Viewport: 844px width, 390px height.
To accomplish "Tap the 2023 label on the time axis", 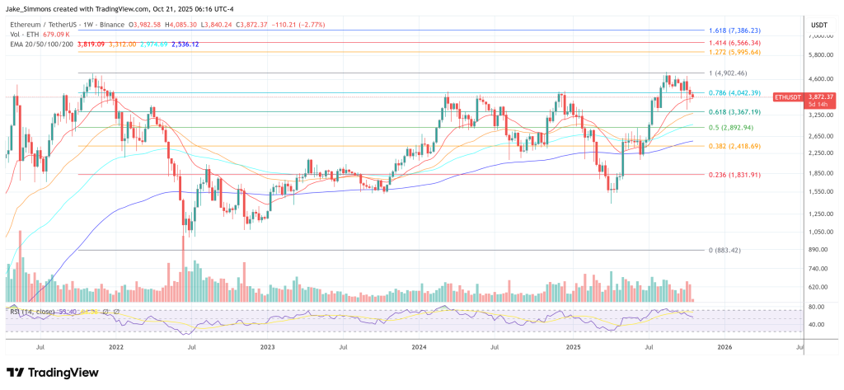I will tap(268, 349).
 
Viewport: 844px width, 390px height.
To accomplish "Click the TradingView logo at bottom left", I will tap(53, 372).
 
